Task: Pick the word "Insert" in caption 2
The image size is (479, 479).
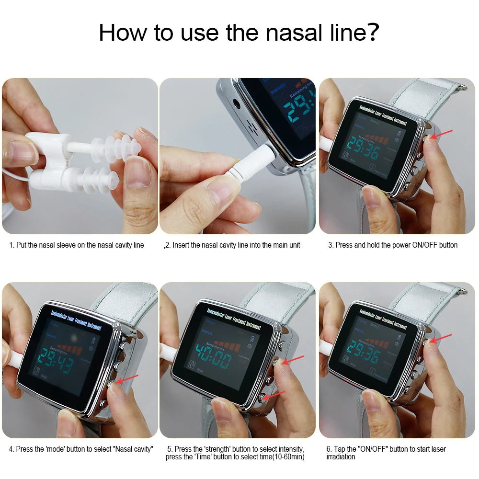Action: click(181, 245)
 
